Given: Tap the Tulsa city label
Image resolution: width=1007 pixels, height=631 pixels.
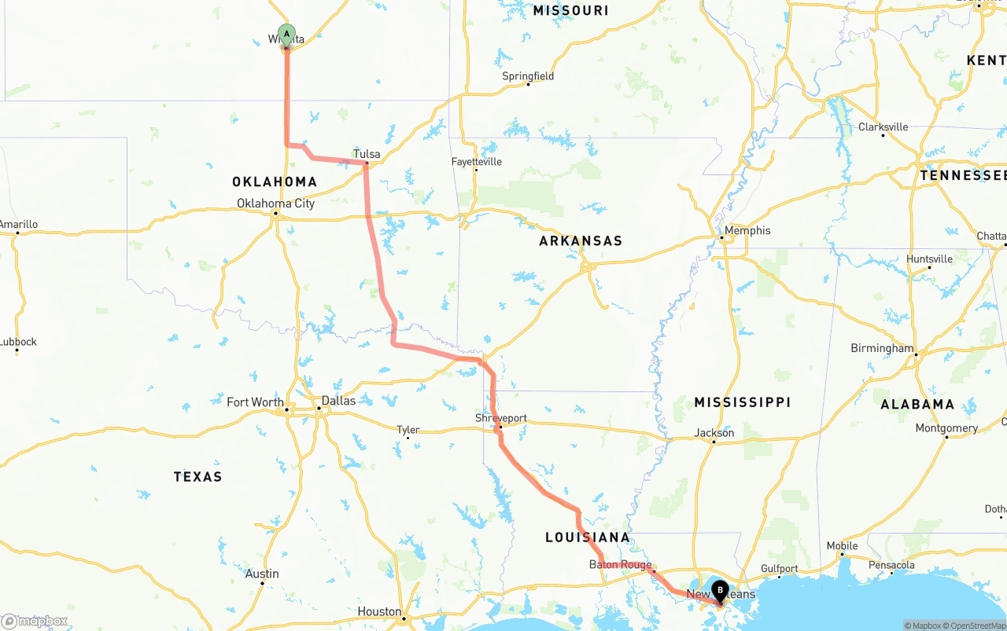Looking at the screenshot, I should coord(367,154).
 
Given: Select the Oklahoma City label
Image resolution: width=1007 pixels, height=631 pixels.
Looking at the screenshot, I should coord(276,204).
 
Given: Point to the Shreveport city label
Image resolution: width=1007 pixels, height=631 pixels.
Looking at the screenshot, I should coord(500,419).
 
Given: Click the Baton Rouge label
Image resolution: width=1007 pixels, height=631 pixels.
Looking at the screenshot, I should coord(620,565).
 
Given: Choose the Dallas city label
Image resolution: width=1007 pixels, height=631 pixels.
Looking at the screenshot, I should coord(338,401).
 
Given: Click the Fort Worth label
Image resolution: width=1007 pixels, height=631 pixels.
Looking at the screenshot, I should coord(255,402).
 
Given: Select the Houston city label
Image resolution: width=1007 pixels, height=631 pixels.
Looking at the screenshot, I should coord(379,611).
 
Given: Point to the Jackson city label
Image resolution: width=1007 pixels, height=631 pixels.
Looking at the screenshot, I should coord(714,433).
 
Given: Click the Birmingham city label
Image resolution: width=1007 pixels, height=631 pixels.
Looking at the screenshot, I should coord(882,348).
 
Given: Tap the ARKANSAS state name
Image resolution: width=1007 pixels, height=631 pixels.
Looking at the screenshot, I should coord(581,241).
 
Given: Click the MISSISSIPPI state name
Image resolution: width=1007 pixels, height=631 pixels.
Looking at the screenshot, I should coord(742,402).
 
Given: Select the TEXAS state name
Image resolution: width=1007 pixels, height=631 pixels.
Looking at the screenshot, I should coord(197,476).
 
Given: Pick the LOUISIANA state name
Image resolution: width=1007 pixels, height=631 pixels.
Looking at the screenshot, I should coord(588,537).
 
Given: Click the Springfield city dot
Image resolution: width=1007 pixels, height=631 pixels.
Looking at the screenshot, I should coord(528,84).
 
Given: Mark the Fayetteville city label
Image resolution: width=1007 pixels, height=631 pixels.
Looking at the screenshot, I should coord(476,162).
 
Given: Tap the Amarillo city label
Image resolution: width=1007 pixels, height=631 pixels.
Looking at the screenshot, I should coord(18,225).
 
